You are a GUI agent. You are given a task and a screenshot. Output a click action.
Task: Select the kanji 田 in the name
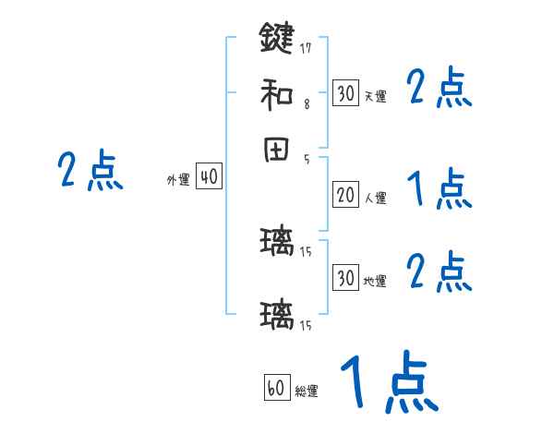pos(276,151)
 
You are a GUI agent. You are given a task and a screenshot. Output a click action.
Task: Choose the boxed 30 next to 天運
pos(345,93)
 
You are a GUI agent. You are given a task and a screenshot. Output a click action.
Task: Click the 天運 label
pos(374,96)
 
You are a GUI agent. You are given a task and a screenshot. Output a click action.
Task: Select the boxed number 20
pos(345,195)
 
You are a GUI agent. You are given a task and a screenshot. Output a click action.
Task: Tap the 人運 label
pos(375,198)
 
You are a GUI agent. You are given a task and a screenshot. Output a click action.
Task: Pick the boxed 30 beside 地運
pos(345,278)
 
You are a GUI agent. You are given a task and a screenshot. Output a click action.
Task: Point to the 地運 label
pos(374,281)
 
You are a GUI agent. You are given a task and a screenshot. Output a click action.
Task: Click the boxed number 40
pos(210,176)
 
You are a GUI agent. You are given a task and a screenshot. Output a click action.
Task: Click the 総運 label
pos(307,392)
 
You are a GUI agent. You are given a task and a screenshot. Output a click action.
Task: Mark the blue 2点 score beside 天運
pos(439,90)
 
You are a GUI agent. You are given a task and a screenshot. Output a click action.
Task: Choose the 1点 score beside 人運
pos(439,191)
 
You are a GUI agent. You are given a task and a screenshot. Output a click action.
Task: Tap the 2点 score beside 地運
pos(439,272)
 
